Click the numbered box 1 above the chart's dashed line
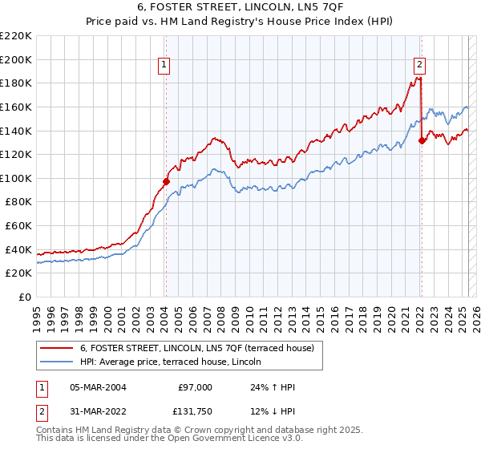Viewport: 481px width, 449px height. (164, 66)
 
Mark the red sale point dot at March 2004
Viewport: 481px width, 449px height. (167, 182)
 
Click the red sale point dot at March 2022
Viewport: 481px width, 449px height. (422, 140)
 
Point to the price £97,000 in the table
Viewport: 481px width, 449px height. (194, 387)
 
